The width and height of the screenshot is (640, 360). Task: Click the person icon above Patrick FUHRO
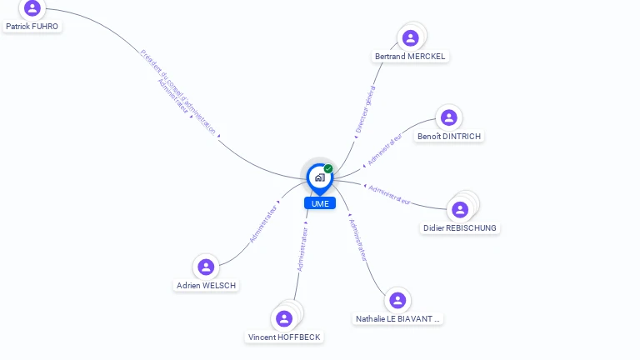tap(32, 8)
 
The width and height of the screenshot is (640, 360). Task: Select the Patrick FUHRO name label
tap(32, 27)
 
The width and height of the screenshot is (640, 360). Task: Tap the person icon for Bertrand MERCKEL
tap(410, 38)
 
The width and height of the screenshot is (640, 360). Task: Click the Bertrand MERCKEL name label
tap(411, 57)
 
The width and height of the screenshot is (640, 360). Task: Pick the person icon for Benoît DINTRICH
tap(449, 117)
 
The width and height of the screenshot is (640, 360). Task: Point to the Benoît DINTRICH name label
tap(449, 136)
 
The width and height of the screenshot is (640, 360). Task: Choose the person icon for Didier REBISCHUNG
tap(460, 209)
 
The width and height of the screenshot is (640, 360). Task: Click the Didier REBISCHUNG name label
tap(460, 228)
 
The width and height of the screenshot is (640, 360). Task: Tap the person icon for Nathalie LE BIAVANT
tap(397, 300)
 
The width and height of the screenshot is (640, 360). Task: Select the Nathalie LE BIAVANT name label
tap(397, 318)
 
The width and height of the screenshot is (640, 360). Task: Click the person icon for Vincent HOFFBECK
tap(284, 318)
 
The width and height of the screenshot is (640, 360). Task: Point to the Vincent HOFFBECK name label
tap(284, 337)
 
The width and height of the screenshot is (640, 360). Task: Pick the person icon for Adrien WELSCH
tap(206, 267)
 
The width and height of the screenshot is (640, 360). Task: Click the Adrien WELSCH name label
tap(207, 286)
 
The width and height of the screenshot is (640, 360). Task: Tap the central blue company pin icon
tap(319, 177)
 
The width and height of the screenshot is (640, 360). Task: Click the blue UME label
tap(320, 203)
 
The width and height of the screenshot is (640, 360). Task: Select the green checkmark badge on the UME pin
tap(328, 169)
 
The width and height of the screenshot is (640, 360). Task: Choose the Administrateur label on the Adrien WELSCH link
tap(263, 224)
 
